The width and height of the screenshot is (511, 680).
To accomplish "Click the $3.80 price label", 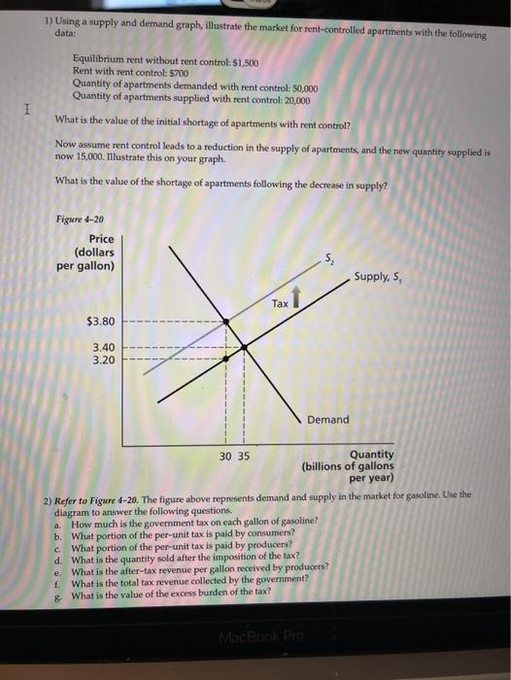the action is (101, 320).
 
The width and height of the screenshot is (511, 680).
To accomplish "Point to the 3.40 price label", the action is (103, 345).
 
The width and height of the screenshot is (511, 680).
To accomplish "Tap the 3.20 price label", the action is (103, 358).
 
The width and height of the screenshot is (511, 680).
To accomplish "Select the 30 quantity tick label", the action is (224, 455).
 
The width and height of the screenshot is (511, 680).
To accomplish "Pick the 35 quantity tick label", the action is (243, 455).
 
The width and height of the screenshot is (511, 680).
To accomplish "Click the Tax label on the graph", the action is (280, 303).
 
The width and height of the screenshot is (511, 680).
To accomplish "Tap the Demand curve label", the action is (328, 420).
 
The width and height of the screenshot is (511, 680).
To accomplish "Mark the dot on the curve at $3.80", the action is (224, 321).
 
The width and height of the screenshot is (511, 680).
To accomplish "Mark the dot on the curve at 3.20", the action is (224, 357).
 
